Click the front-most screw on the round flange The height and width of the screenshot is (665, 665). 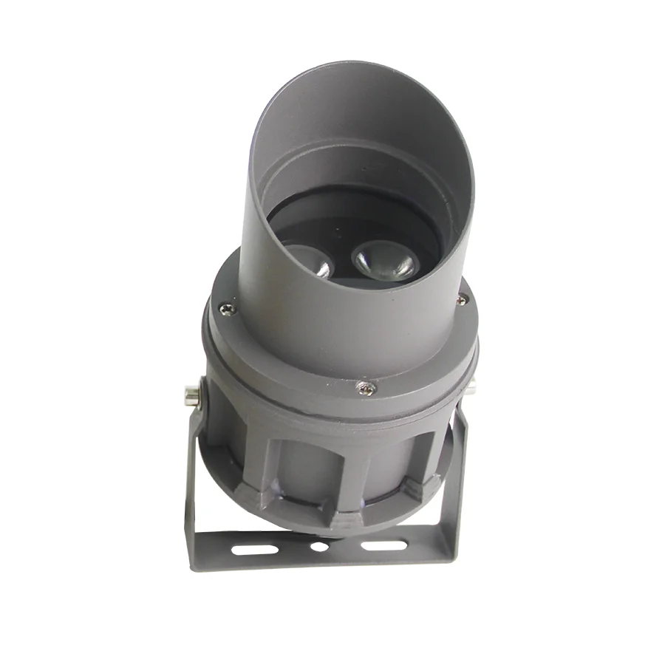pyautogui.click(x=364, y=387)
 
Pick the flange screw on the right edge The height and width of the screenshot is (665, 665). pyautogui.click(x=462, y=299)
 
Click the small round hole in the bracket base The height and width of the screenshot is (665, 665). pyautogui.click(x=319, y=548)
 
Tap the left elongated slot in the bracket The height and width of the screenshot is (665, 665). pyautogui.click(x=255, y=549)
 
